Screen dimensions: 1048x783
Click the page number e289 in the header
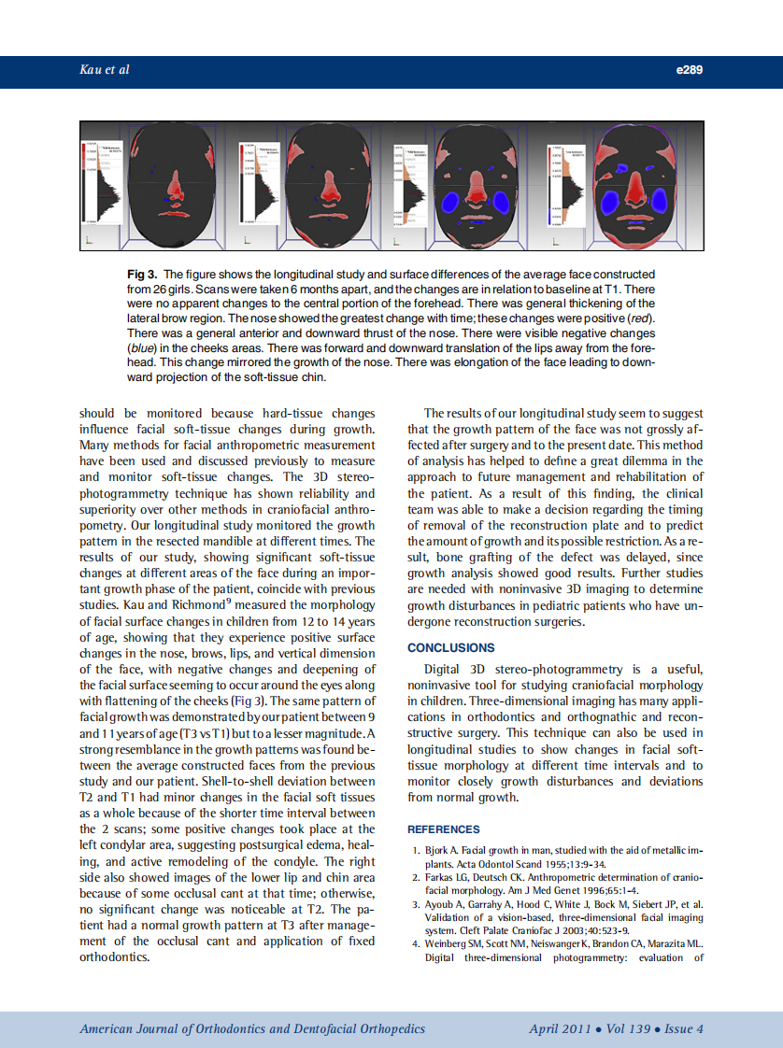[689, 70]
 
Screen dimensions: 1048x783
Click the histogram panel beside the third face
[411, 186]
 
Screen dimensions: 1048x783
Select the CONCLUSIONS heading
[451, 647]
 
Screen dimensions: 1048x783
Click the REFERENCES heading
[444, 829]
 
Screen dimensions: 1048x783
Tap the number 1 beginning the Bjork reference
[416, 851]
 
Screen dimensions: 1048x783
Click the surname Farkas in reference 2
[440, 878]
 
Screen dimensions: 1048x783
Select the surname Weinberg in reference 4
[446, 944]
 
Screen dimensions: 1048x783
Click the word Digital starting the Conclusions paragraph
[444, 669]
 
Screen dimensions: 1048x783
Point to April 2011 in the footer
[559, 1028]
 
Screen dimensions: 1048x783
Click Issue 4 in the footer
[685, 1028]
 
